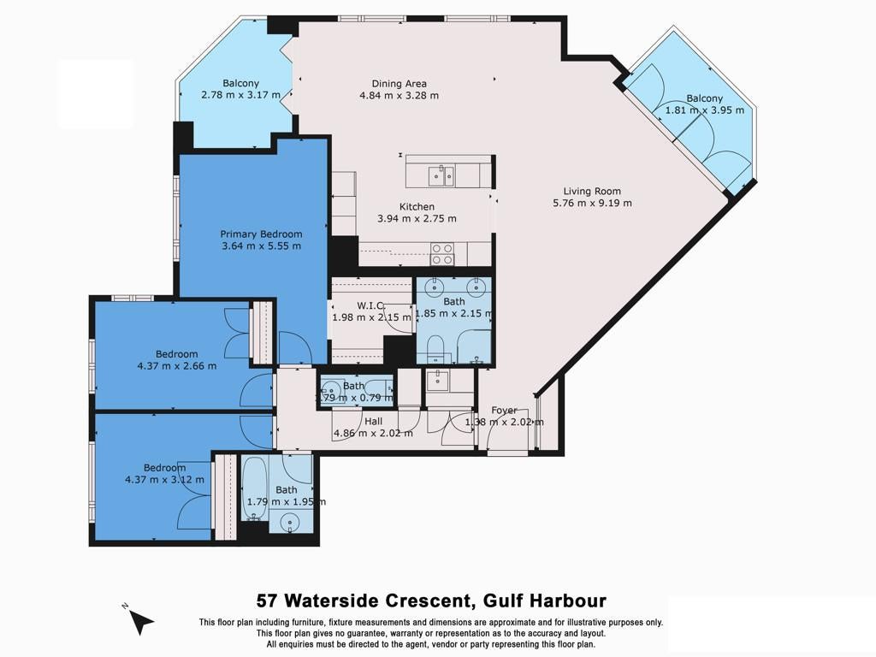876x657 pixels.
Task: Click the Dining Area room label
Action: point(399,84)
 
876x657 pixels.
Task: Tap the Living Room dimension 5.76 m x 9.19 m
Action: point(592,204)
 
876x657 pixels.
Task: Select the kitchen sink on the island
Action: point(441,176)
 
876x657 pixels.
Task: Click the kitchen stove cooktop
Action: point(441,253)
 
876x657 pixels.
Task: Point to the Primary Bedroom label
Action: point(261,234)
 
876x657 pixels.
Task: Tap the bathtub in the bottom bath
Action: point(256,491)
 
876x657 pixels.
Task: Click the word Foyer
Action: point(504,411)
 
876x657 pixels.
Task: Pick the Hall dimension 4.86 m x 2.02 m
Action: point(373,433)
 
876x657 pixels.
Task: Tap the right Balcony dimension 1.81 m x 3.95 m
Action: point(705,110)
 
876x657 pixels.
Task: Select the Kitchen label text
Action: point(417,207)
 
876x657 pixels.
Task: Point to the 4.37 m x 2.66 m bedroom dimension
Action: point(176,366)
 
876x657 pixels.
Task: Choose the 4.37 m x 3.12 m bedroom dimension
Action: point(164,480)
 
